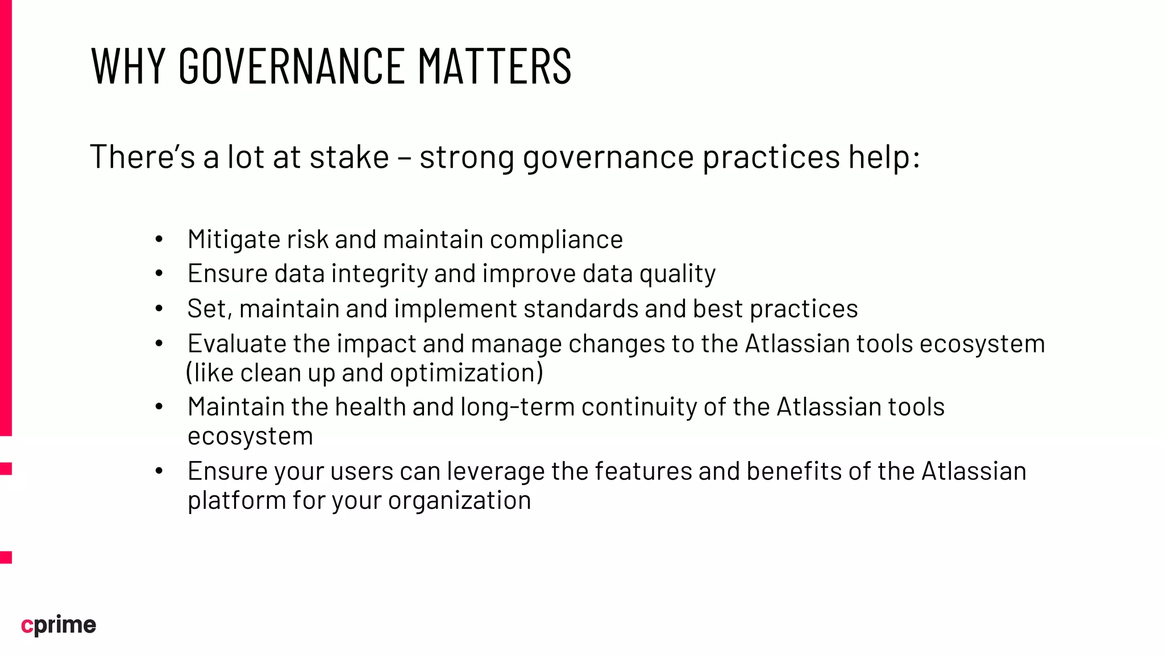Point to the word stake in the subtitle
349,157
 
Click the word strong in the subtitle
467,157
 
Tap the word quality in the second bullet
677,274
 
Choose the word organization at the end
459,500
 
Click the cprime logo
59,625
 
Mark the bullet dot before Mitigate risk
159,239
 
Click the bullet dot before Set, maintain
159,309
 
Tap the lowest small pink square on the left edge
6,557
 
